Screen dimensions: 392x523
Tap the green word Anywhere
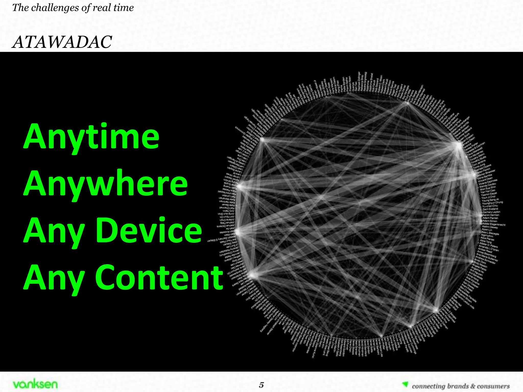pos(106,183)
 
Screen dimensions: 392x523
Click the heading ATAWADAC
pos(62,42)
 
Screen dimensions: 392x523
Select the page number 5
pos(261,385)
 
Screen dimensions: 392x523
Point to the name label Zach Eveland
pos(490,209)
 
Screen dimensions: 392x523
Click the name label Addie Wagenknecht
pos(494,224)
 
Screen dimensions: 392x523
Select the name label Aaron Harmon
pos(491,215)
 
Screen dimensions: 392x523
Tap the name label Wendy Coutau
pos(488,185)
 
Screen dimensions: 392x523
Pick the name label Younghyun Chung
pos(492,203)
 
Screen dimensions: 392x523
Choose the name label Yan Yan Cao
pos(488,191)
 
